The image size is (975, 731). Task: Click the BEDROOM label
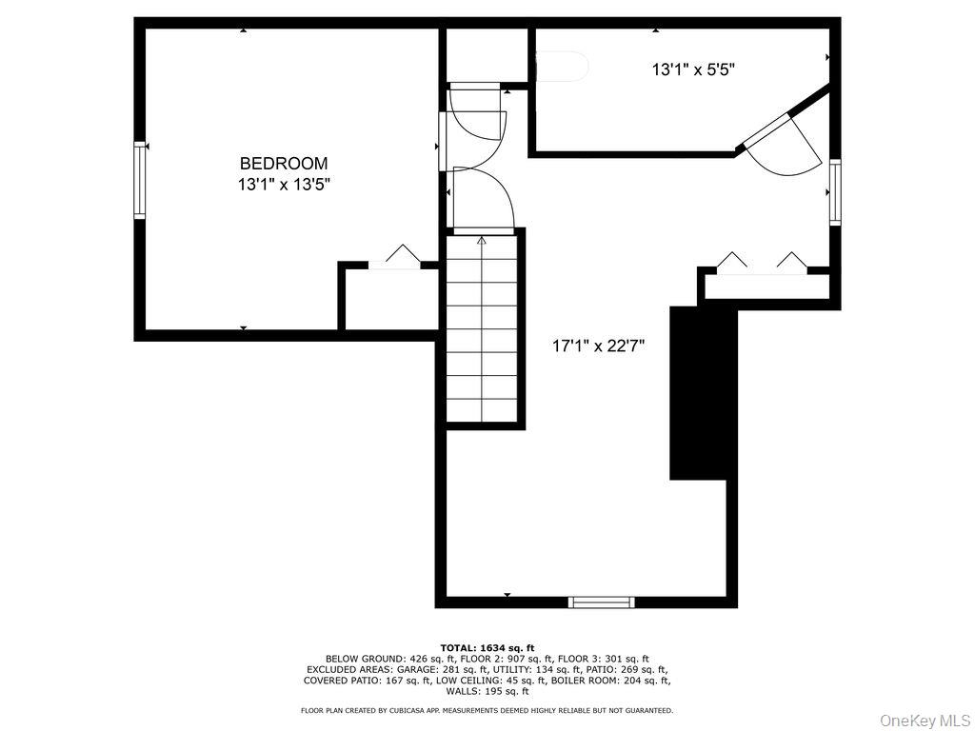click(284, 163)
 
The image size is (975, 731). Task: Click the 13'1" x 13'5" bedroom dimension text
click(284, 185)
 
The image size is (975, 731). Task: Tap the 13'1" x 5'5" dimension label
click(693, 69)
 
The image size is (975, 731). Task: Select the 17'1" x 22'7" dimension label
click(599, 346)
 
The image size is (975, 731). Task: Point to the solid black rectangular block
click(704, 392)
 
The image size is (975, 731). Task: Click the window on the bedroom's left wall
click(140, 180)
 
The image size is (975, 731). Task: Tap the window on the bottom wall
click(601, 602)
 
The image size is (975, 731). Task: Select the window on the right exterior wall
click(835, 191)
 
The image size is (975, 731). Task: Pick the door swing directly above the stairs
click(484, 200)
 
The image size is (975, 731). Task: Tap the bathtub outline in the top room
click(562, 67)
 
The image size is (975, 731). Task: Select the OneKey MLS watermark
click(924, 719)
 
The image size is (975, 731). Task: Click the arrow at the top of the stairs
click(482, 242)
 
